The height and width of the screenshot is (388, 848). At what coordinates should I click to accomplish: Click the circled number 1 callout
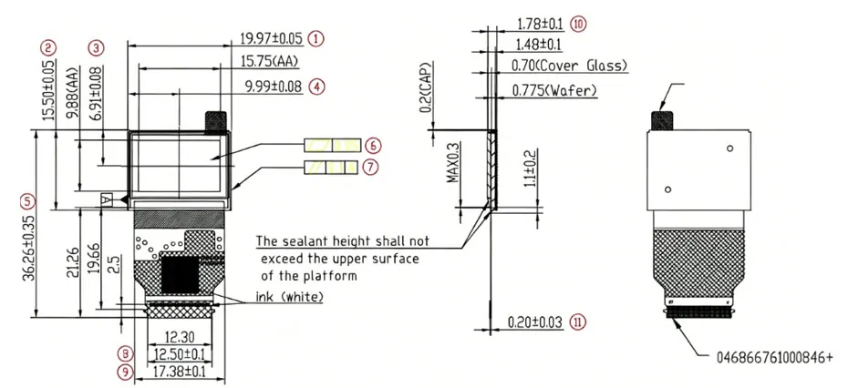click(315, 38)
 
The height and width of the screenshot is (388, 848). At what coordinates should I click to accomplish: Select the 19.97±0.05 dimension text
click(272, 38)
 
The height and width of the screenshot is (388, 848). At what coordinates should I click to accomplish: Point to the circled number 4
click(317, 87)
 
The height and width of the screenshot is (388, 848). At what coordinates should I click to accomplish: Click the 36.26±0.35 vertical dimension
click(30, 250)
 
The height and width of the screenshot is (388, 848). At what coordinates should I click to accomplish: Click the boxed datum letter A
click(107, 200)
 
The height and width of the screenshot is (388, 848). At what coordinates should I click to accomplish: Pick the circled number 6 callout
click(373, 146)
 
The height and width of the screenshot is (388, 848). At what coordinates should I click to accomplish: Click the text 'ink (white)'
click(290, 297)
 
